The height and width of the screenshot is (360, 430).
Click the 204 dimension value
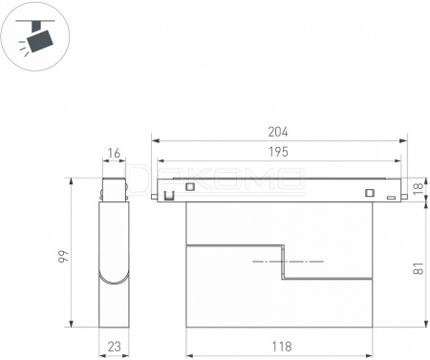278,132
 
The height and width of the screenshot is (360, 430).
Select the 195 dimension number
278,152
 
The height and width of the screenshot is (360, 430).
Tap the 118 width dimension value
282,347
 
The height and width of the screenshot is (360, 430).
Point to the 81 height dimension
419,268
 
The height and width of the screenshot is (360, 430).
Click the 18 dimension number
419,188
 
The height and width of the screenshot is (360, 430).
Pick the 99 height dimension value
64,256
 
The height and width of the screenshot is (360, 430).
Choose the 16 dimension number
114,153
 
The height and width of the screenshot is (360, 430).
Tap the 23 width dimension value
114,347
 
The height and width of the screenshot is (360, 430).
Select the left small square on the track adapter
190,187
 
